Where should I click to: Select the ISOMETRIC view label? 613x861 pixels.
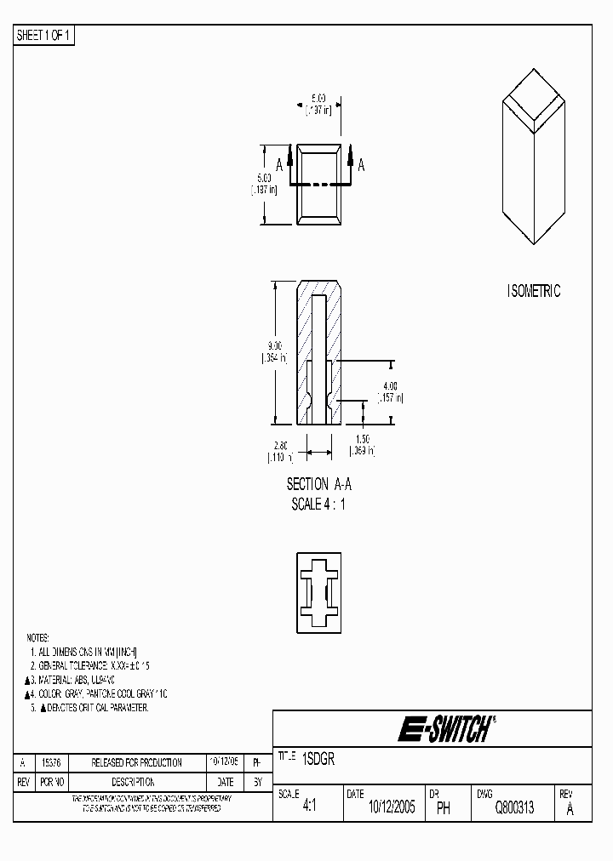(x=534, y=291)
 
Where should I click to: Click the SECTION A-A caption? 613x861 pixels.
(x=319, y=484)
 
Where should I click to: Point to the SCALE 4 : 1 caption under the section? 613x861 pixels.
(x=319, y=503)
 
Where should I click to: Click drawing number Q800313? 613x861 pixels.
(x=514, y=808)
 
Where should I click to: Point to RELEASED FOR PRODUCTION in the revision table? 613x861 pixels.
(x=136, y=762)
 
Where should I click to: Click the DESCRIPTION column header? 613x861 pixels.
(x=133, y=781)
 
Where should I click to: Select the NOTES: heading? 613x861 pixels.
(x=37, y=637)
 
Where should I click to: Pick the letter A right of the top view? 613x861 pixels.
(x=361, y=165)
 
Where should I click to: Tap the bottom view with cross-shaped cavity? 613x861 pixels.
(x=319, y=592)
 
